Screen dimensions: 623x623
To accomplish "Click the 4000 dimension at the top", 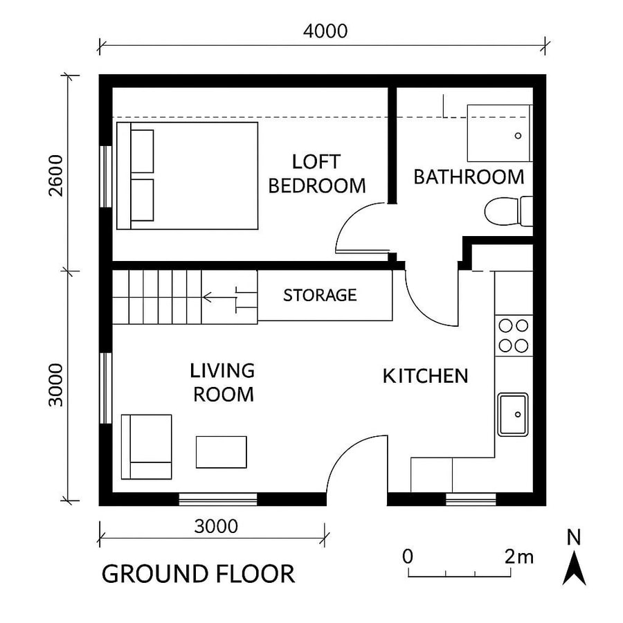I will (325, 31).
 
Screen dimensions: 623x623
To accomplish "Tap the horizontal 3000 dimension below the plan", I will (216, 527).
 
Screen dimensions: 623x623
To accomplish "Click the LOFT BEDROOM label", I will (316, 174).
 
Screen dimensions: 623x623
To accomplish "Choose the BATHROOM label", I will (469, 177).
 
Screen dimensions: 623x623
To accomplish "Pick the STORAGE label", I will (320, 296).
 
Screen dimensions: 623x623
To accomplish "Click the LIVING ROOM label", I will (223, 382).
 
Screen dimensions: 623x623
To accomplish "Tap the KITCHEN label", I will (426, 377).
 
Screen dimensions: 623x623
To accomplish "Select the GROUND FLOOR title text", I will (198, 574).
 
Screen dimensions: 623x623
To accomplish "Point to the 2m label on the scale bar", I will (519, 556).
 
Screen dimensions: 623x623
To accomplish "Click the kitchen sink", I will (513, 414).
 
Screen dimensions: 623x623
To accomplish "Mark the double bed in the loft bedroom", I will (187, 176).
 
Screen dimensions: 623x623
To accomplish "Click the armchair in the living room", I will (146, 446).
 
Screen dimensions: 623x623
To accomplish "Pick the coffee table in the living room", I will (222, 451).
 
